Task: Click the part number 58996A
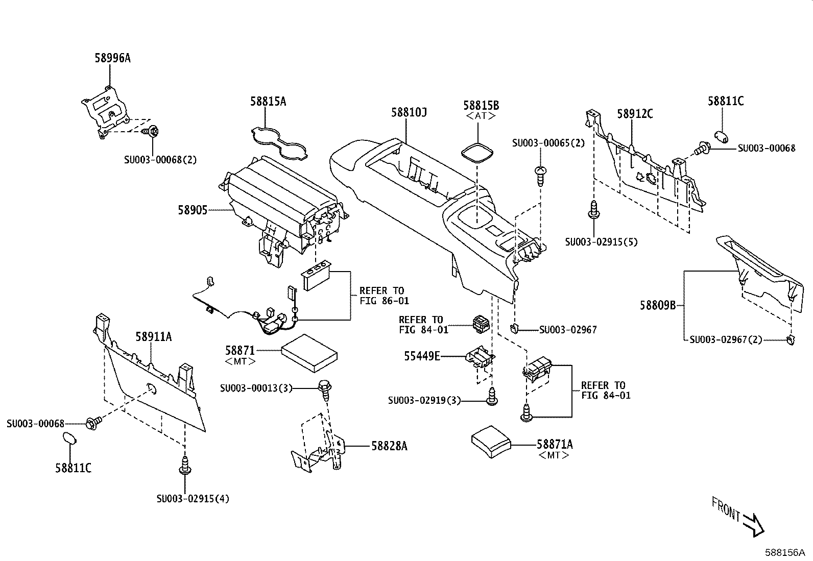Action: pos(112,58)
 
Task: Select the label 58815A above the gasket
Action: pos(268,102)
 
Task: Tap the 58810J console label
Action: pos(409,112)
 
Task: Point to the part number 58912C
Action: pos(635,114)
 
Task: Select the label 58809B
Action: pos(658,305)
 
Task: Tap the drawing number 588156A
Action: pos(784,552)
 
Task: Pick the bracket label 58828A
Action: pos(389,446)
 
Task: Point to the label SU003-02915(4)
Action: pos(193,499)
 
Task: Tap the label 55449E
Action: pos(422,356)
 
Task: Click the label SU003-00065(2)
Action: pos(548,143)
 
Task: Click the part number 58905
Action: pos(193,210)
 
